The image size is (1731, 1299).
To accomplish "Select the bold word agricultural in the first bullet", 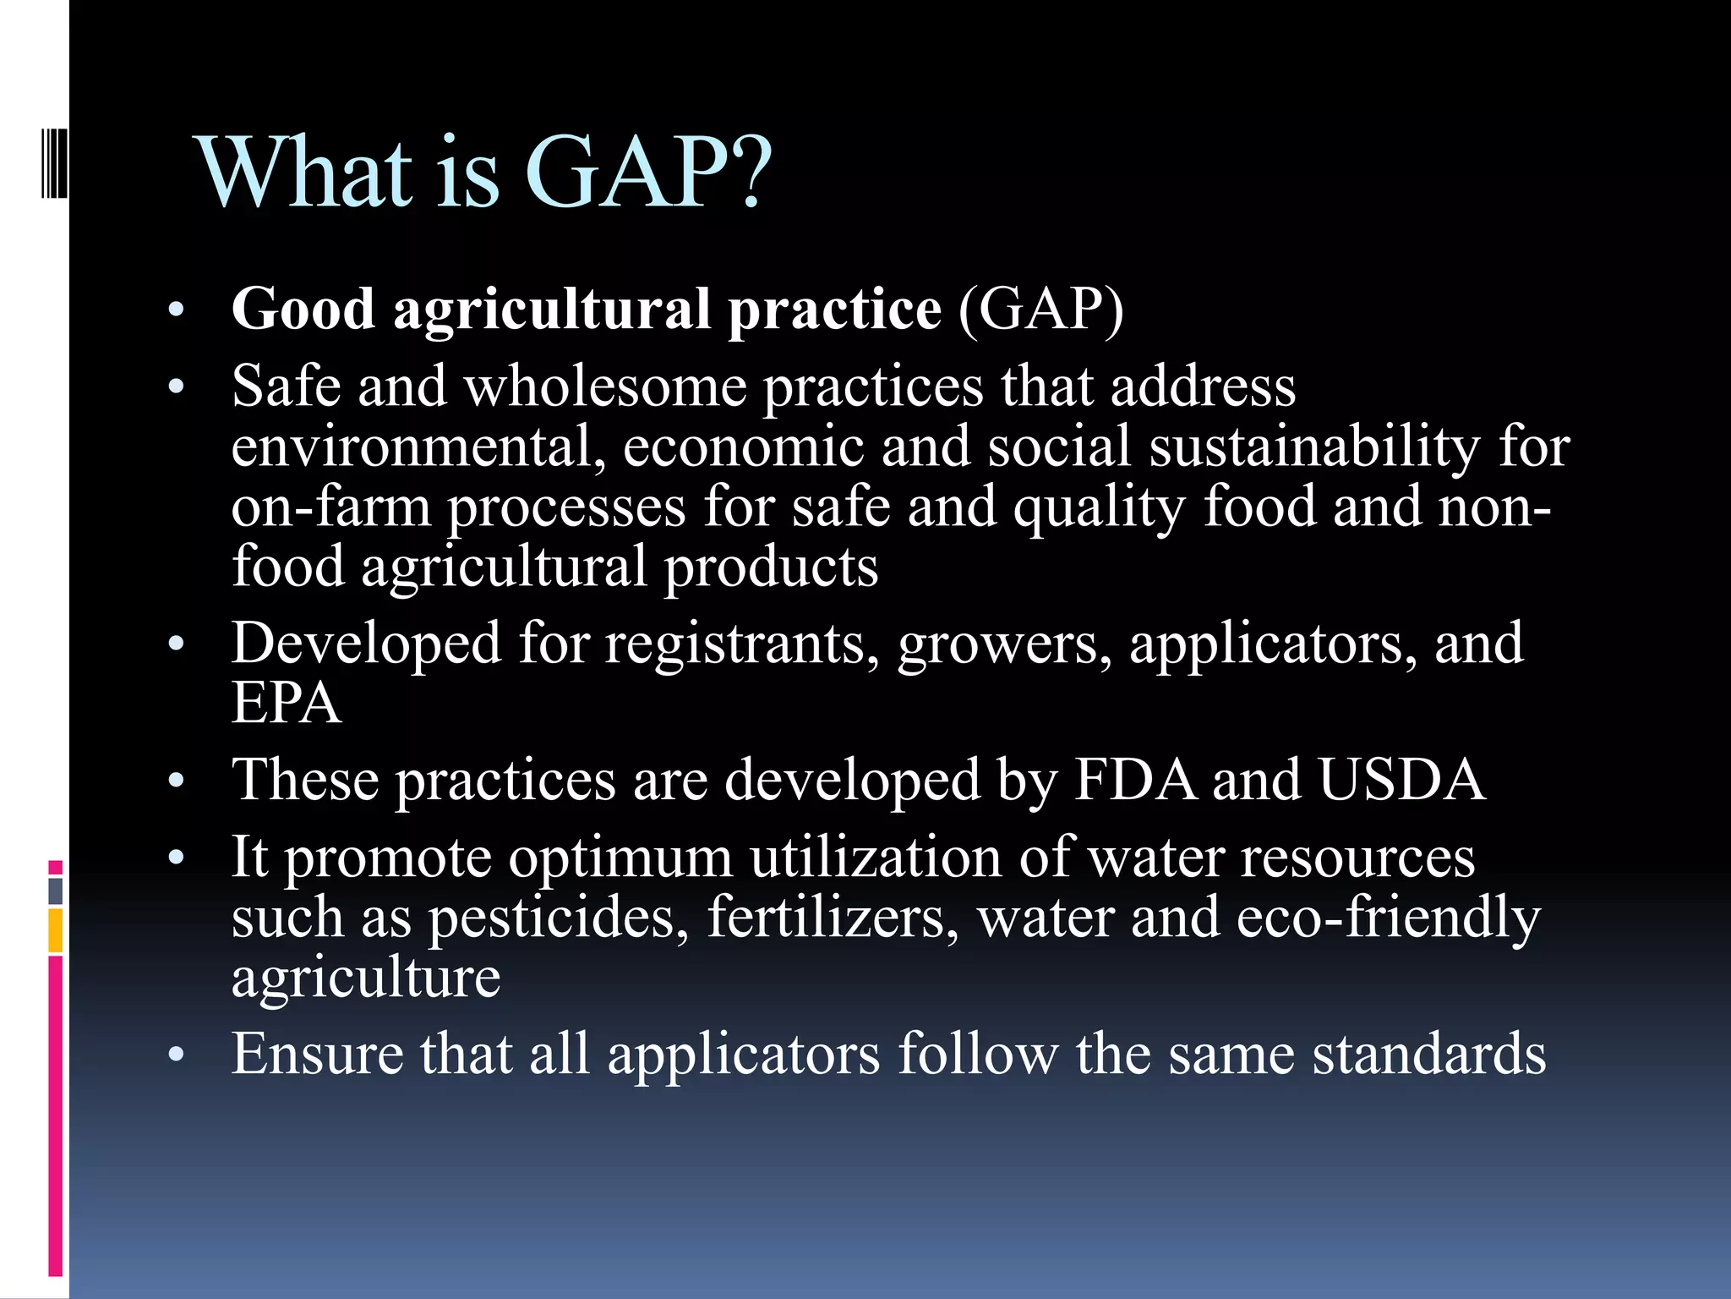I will (x=551, y=310).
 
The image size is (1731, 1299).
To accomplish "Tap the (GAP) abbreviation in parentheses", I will (x=1040, y=310).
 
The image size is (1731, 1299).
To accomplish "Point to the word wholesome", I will (x=605, y=387).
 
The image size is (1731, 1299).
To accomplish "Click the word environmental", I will (x=418, y=447).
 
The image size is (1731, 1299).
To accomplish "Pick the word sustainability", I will (x=1314, y=448).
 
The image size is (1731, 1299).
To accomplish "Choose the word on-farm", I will (x=330, y=507).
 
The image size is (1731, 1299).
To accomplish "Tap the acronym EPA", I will (x=287, y=704).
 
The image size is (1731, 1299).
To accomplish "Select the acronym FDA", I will (x=1135, y=780).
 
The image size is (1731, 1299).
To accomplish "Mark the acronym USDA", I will (x=1401, y=780).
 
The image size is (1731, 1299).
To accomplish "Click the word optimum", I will (x=620, y=859).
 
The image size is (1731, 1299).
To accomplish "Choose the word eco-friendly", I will (x=1388, y=918).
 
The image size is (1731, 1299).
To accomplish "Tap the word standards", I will (x=1428, y=1055).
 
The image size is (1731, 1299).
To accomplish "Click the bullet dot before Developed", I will (x=176, y=645).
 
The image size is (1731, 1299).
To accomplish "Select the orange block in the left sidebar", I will (x=55, y=930).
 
